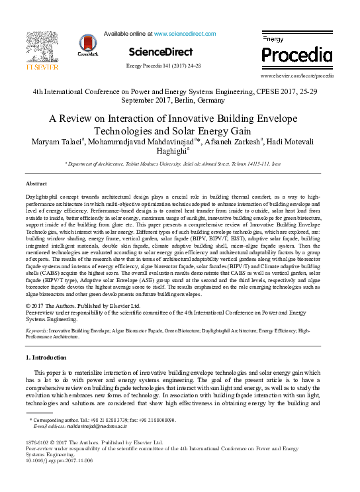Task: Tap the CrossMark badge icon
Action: coord(88,45)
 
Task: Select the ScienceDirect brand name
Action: coord(161,52)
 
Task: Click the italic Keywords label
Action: coord(36,329)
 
